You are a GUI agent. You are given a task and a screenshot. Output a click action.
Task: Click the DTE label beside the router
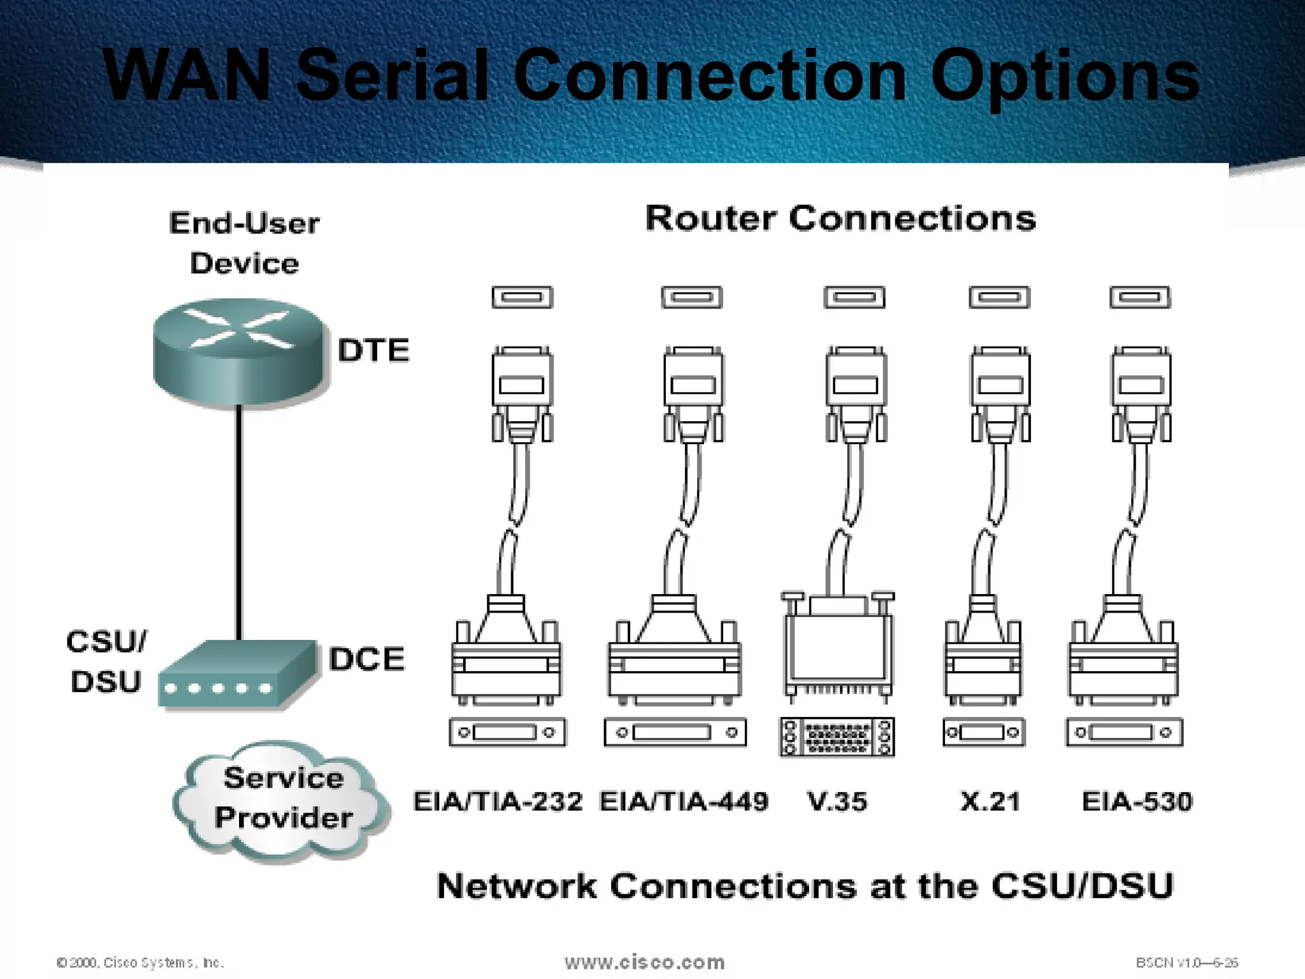point(373,351)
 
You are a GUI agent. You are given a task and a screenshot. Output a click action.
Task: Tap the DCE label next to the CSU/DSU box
point(367,659)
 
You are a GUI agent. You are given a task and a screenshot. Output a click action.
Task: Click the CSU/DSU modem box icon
point(237,676)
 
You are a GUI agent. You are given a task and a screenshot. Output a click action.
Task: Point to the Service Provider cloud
point(283,799)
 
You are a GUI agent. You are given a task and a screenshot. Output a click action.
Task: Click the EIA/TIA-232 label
point(498,802)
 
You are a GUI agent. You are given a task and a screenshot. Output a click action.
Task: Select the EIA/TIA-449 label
point(684,802)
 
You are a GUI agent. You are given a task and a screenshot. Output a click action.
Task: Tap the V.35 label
point(837,802)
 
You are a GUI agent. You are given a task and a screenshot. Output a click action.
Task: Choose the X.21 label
point(991,802)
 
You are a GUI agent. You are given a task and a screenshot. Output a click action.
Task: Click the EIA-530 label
point(1137,802)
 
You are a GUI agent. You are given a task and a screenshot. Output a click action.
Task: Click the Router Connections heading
point(840,219)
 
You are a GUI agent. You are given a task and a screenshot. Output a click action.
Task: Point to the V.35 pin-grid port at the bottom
point(837,737)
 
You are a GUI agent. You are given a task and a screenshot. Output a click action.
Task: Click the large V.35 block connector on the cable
point(837,647)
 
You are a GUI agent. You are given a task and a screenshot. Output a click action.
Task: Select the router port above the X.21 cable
point(999,298)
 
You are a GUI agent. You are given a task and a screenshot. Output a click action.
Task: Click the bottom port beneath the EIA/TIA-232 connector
point(507,732)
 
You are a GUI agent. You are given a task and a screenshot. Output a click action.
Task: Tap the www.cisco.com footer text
point(645,962)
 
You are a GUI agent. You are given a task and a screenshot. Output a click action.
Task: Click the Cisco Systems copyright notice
point(140,962)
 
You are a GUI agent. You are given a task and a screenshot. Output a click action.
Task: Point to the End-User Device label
point(245,243)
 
